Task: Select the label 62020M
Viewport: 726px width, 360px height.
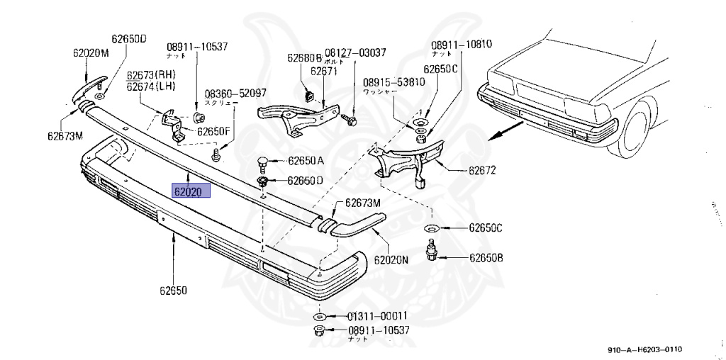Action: click(91, 52)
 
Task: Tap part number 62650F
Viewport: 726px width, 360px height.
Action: click(213, 131)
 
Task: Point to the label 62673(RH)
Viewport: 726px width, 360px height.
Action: click(152, 75)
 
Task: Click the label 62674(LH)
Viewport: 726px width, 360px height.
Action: click(152, 86)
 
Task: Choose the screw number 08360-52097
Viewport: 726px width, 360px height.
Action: click(235, 93)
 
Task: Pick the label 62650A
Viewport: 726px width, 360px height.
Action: click(306, 161)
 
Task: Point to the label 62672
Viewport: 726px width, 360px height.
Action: click(481, 171)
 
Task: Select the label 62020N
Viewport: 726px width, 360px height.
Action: click(391, 259)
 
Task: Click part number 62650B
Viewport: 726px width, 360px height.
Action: click(485, 257)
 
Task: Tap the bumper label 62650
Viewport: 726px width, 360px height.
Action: click(173, 291)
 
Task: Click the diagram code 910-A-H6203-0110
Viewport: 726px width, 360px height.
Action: click(644, 349)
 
